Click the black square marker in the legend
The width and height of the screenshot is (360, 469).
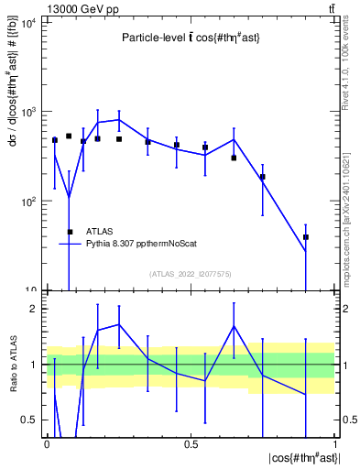point(70,232)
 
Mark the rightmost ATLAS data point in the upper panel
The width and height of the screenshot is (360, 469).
point(306,237)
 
